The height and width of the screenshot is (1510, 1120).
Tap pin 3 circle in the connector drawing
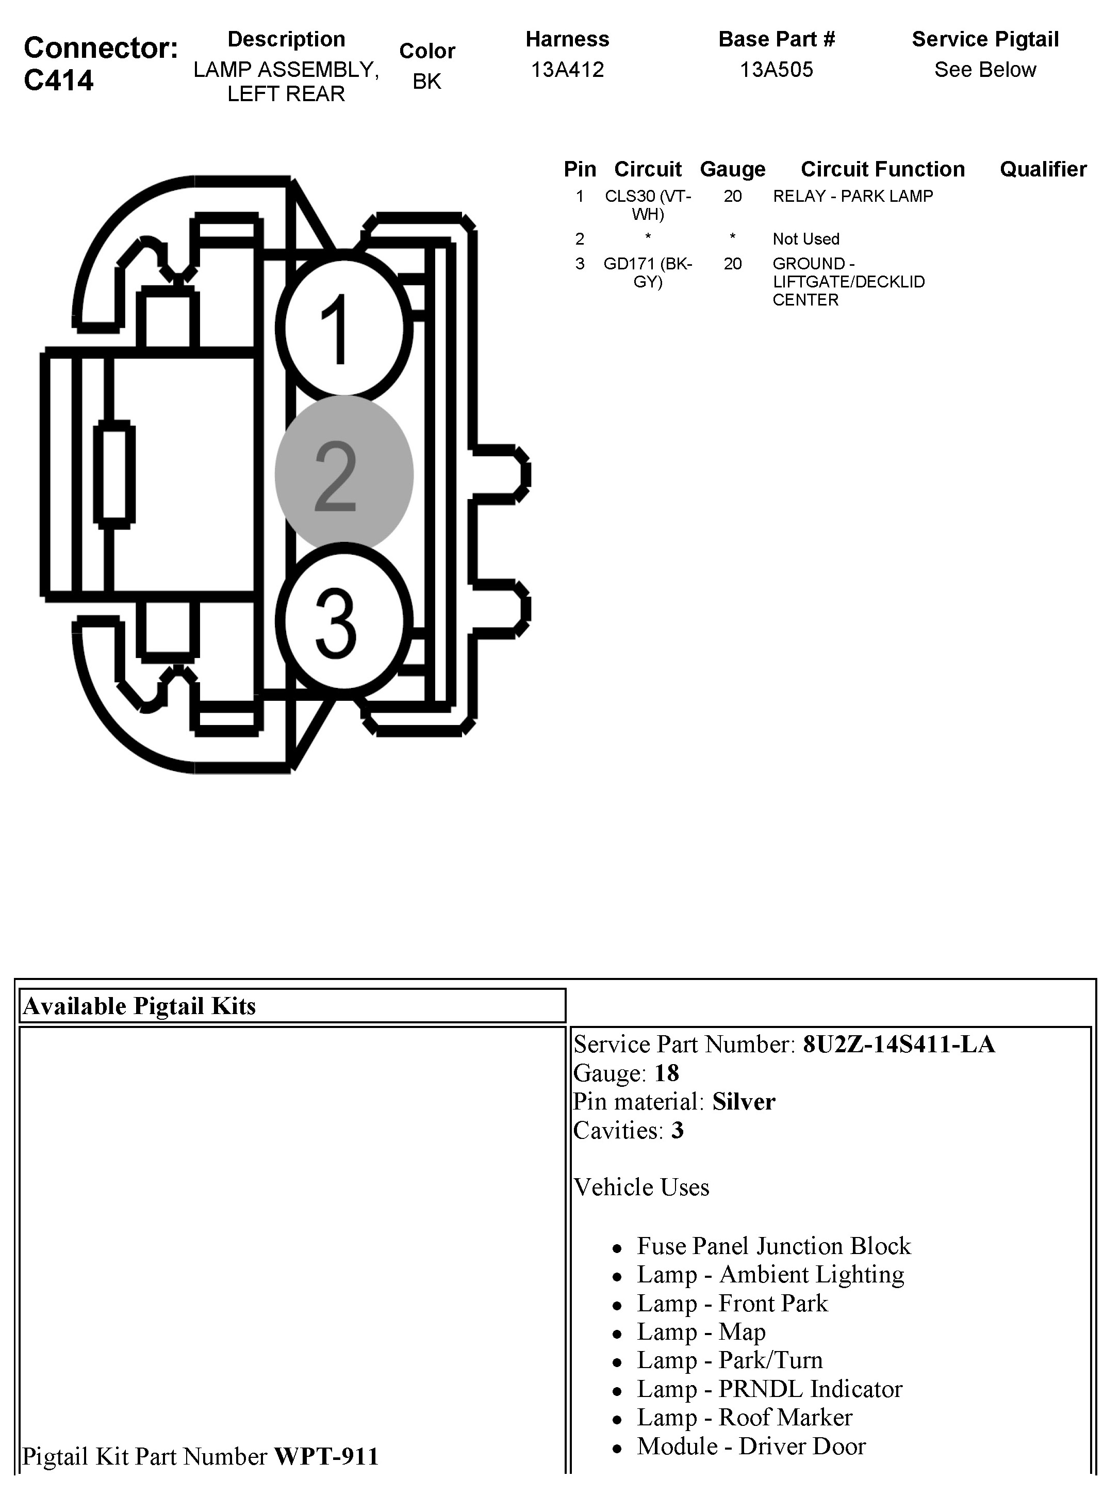click(344, 622)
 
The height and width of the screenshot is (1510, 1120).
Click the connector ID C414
click(59, 81)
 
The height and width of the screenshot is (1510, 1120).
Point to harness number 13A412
click(567, 69)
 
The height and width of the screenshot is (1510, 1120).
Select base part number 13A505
click(776, 69)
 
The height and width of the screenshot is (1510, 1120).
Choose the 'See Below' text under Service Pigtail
click(984, 69)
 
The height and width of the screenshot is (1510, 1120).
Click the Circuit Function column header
click(882, 169)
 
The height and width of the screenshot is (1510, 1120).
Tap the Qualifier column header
click(1043, 169)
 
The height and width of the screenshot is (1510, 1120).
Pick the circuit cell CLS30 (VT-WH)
click(648, 205)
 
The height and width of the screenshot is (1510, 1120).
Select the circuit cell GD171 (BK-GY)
click(648, 272)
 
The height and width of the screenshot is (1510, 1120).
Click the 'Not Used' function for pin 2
click(805, 239)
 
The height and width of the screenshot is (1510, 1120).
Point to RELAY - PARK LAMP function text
click(852, 196)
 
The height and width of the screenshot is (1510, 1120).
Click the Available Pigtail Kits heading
click(139, 1006)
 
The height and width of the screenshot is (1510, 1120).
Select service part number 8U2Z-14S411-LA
click(898, 1044)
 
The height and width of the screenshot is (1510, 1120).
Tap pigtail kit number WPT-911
click(326, 1456)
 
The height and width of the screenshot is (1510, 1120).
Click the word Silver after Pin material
click(743, 1102)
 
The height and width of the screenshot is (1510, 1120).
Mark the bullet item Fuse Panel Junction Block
click(773, 1246)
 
